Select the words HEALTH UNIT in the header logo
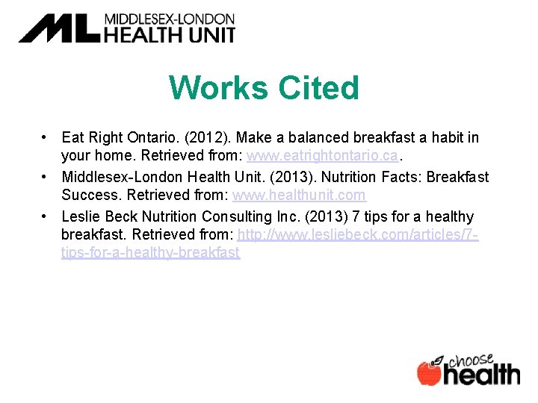[169, 34]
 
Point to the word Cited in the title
[319, 88]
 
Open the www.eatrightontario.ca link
[324, 156]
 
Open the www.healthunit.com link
[299, 196]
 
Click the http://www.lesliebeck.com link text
[358, 235]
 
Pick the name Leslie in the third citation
[80, 216]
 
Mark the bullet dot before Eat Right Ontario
[46, 138]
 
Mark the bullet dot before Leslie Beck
[46, 216]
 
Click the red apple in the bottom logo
[429, 373]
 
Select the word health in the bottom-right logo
[482, 375]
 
